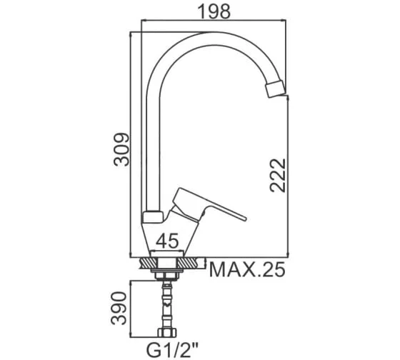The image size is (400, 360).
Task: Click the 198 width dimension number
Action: (214, 11)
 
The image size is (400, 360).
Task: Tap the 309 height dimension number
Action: (122, 149)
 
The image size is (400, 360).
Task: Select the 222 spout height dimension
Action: (278, 175)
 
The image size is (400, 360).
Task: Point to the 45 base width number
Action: (167, 241)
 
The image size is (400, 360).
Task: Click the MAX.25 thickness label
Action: (247, 270)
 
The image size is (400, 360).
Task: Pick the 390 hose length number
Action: (119, 308)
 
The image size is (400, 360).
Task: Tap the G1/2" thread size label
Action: (172, 351)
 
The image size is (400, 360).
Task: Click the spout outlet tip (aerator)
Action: (275, 89)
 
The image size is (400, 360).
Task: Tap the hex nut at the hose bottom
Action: (167, 332)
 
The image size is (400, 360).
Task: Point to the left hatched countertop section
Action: (149, 263)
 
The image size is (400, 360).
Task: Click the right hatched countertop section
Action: (187, 263)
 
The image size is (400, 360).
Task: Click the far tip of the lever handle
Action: (246, 219)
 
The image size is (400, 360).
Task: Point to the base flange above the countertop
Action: (167, 254)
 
